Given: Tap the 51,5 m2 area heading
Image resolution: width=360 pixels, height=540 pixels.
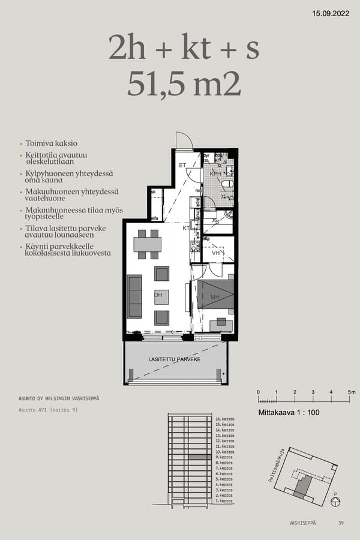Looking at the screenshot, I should point(184,84).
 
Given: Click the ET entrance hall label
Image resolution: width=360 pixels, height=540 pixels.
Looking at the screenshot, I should point(183,165).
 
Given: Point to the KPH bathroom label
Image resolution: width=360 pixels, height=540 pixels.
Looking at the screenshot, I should point(215,173).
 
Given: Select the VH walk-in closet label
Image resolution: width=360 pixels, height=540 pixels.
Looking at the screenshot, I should point(216,253).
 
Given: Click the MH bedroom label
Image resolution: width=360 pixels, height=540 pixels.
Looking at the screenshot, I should point(215,297).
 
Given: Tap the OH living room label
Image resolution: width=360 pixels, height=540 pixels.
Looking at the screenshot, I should point(158,295).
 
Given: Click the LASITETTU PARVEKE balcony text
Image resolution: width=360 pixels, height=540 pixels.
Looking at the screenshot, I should point(174,359).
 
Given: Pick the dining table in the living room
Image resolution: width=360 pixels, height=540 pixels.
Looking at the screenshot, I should point(147,244).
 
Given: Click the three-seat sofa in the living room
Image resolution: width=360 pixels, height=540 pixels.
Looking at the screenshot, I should point(134,296).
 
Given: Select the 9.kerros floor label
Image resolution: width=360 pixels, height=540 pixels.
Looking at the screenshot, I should point(224,457).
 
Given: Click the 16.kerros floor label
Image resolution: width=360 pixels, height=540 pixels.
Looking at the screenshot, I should point(224,419).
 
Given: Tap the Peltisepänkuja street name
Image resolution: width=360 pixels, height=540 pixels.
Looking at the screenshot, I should point(277,469).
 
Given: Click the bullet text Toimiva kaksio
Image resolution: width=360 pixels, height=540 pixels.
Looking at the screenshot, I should point(51,144).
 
